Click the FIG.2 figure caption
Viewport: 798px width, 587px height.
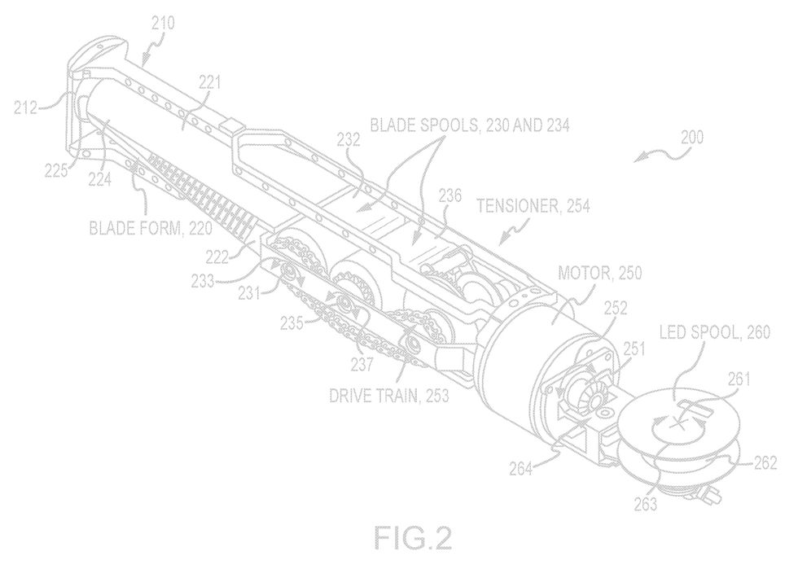(413, 537)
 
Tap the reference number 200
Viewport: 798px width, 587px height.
(692, 138)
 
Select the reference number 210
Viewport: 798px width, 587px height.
(163, 23)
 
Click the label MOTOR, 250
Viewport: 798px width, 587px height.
(599, 273)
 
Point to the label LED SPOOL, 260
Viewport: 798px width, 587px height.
(715, 332)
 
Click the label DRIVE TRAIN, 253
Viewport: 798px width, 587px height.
(389, 395)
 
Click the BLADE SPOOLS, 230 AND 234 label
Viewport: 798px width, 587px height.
(469, 125)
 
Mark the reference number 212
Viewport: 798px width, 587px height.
(25, 107)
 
